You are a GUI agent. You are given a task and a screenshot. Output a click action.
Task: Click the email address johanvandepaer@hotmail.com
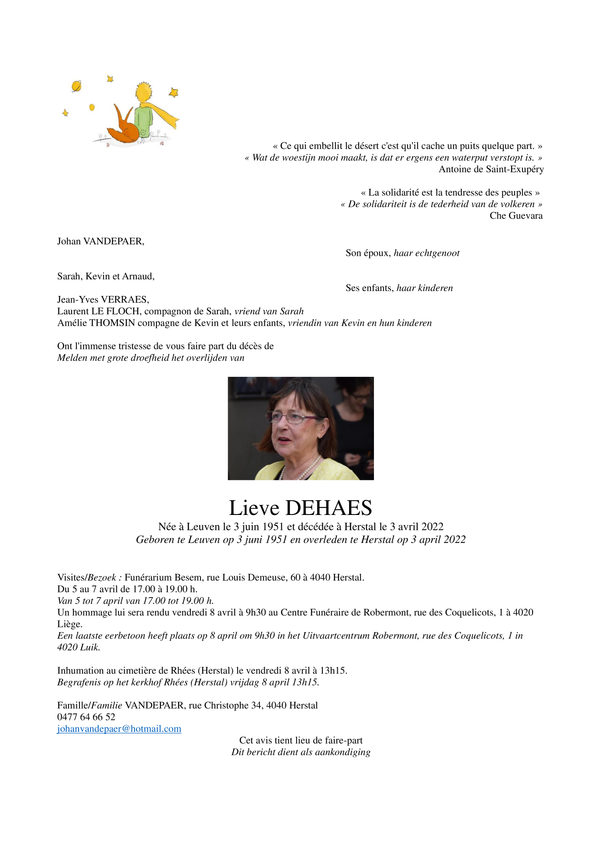[119, 729]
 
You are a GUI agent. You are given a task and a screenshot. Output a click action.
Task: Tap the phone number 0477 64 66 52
[86, 717]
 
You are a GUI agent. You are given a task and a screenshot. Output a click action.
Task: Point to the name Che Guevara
[516, 216]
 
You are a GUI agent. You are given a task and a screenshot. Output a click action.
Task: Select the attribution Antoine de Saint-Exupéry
[491, 169]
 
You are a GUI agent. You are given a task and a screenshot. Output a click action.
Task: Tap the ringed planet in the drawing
[76, 86]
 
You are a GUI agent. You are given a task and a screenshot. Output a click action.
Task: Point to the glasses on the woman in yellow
[288, 418]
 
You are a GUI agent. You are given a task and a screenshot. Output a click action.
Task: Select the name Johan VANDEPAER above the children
[100, 241]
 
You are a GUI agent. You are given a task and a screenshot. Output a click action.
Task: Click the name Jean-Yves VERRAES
[103, 299]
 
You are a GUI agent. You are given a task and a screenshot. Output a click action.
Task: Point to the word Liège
[69, 624]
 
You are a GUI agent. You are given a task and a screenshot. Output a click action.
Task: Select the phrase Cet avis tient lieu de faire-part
[301, 741]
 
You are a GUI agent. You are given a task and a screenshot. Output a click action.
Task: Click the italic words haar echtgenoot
[426, 253]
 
